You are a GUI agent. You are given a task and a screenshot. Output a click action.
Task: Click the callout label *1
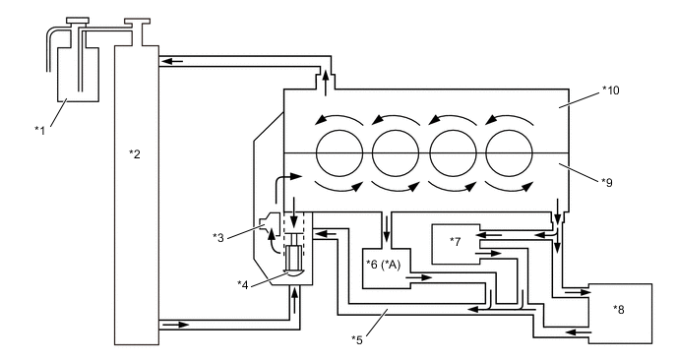point(39,130)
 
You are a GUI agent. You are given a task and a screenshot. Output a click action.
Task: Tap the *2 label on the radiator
point(135,153)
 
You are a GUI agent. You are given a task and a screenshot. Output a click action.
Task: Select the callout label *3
point(218,237)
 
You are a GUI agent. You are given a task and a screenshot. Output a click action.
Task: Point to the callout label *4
point(243,284)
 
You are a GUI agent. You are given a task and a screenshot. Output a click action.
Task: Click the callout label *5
point(357,339)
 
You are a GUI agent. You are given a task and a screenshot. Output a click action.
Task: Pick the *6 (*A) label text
point(384,265)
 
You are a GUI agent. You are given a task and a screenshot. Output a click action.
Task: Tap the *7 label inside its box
point(456,241)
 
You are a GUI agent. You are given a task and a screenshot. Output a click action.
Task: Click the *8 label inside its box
point(619,309)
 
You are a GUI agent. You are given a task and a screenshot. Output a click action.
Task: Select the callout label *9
point(607,183)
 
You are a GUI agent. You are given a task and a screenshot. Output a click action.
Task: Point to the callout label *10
point(611,90)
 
